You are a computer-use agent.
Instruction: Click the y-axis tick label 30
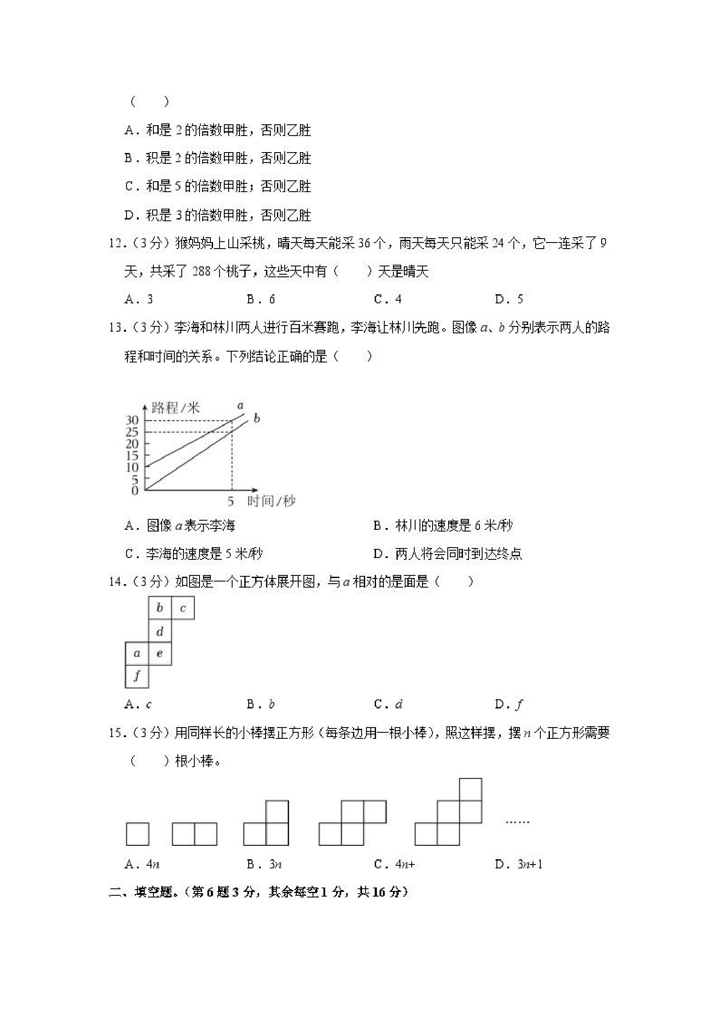click(132, 419)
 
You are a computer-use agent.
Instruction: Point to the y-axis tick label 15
click(132, 455)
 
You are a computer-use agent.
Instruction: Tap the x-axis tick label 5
click(230, 502)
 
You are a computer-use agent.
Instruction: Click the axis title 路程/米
click(176, 407)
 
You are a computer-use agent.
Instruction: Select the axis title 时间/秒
click(271, 502)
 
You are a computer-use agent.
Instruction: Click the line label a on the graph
click(240, 405)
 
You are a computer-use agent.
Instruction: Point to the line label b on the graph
click(257, 418)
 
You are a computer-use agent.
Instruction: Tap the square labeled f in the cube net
click(137, 676)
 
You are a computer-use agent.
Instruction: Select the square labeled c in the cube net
click(183, 608)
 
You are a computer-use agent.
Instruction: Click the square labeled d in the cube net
click(160, 631)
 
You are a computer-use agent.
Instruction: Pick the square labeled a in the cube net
click(137, 653)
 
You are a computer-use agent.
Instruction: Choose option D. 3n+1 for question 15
click(518, 864)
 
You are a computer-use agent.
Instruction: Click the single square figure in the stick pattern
click(137, 834)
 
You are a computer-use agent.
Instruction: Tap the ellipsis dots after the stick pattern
click(517, 822)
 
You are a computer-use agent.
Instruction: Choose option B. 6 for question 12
click(261, 299)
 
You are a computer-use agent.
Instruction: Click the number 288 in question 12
click(202, 271)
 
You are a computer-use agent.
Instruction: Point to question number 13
click(116, 328)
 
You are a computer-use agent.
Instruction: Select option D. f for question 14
click(509, 704)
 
